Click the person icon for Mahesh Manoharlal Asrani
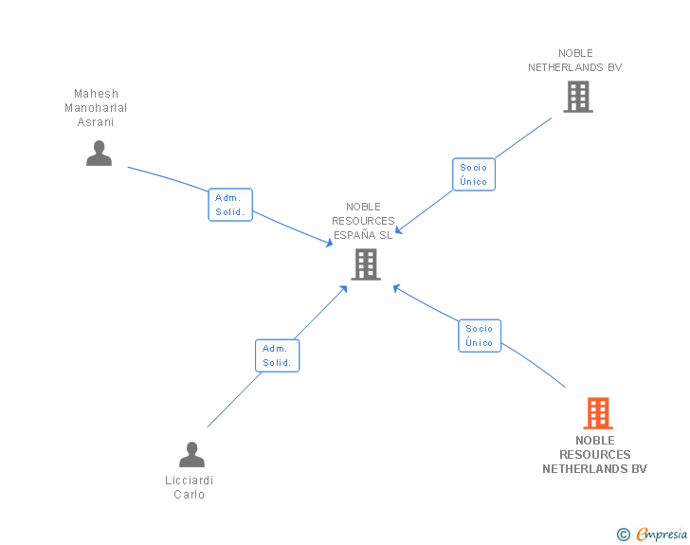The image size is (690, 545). click(x=99, y=153)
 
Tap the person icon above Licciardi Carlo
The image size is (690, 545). click(x=191, y=455)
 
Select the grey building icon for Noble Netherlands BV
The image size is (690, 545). click(x=577, y=97)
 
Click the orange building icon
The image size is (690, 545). click(x=597, y=413)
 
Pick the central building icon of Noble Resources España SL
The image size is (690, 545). click(x=366, y=264)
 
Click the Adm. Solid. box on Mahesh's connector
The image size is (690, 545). click(x=230, y=205)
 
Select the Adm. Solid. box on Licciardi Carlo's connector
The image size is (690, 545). click(x=277, y=355)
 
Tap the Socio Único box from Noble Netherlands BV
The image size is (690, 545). click(x=473, y=174)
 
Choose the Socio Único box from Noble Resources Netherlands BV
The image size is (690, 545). click(x=480, y=336)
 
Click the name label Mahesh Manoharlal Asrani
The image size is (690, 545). click(x=96, y=108)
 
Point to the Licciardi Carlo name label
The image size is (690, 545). click(x=190, y=487)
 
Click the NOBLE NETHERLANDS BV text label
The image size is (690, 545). click(x=575, y=61)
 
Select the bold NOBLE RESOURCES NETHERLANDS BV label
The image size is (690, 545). click(x=595, y=455)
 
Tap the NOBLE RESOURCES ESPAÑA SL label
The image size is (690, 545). click(x=363, y=221)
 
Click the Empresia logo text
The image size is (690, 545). click(x=662, y=535)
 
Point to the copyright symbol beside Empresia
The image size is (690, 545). click(x=624, y=535)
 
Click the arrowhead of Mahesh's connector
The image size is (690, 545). click(x=330, y=245)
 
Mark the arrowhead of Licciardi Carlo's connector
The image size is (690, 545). click(x=344, y=286)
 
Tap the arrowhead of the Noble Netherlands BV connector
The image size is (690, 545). click(x=399, y=230)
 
